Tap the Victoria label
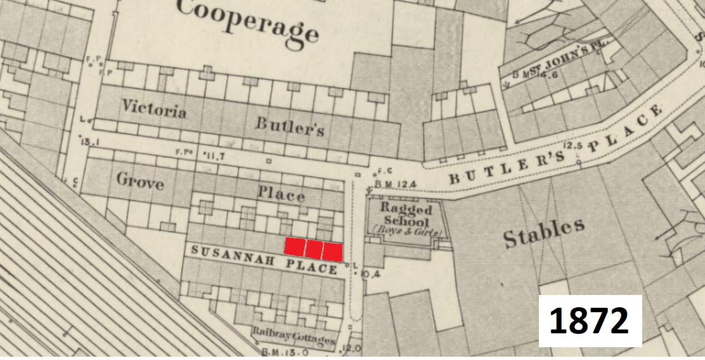point(154,109)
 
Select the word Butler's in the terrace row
point(289,126)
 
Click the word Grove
point(140,181)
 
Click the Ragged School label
point(406,216)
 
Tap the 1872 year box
point(590,321)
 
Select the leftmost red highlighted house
point(294,246)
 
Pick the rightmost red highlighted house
point(332,251)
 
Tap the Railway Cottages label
point(294,334)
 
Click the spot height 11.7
point(213,156)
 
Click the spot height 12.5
point(572,146)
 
